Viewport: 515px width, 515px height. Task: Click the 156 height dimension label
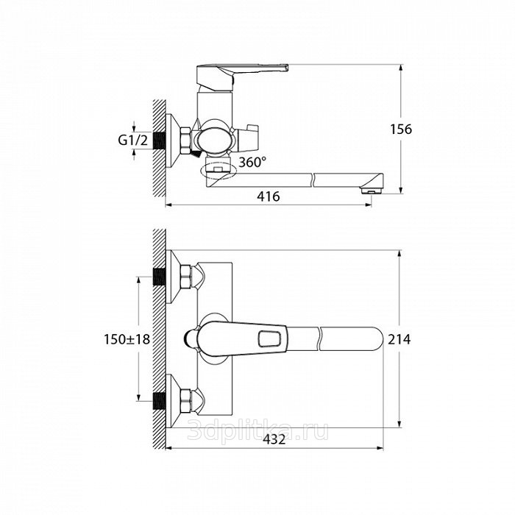pos(401,129)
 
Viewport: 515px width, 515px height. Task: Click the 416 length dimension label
pos(269,196)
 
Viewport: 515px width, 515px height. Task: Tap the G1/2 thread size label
pos(133,141)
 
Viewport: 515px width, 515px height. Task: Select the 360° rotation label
pos(252,162)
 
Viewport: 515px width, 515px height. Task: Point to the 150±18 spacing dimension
pos(127,339)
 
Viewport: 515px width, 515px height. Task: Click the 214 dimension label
pos(399,339)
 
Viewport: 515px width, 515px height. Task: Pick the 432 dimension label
pos(274,439)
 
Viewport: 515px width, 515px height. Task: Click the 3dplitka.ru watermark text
pos(257,430)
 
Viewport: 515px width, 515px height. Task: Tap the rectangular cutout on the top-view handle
pos(269,339)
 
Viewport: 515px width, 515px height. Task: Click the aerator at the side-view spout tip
pos(372,191)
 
